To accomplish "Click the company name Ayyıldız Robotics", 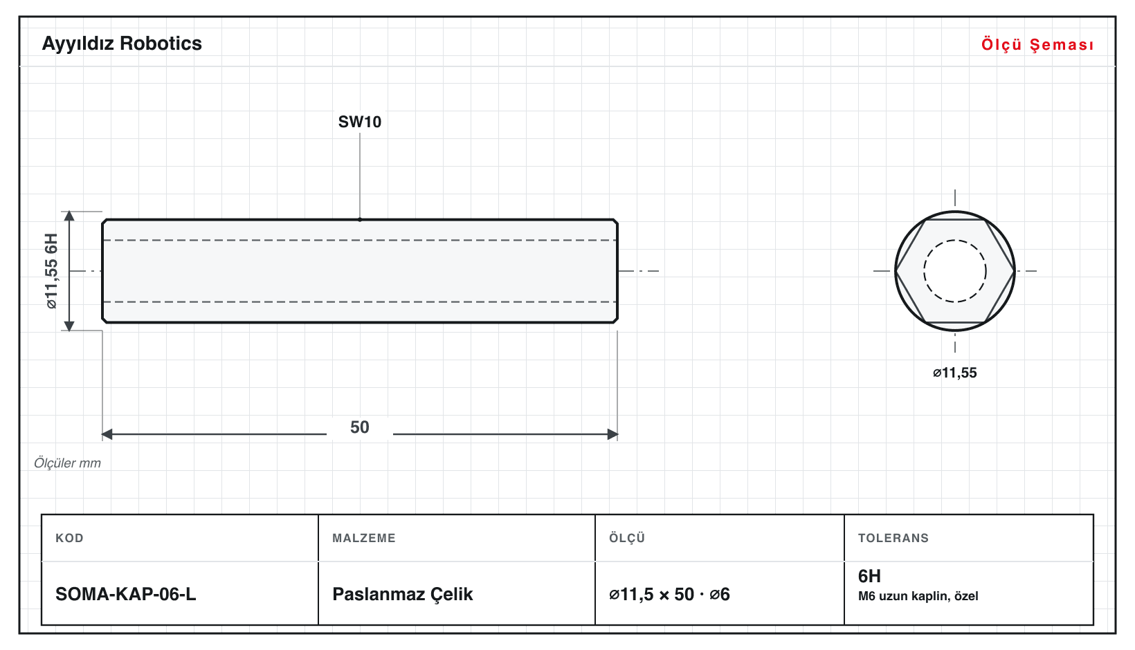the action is [x=122, y=44].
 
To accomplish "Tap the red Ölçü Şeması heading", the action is [x=1037, y=44].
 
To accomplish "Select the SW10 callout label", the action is [x=360, y=122].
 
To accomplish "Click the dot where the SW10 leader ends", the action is [x=360, y=220].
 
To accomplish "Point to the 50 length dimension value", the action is [x=360, y=427].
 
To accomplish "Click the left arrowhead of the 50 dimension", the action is [x=107, y=434].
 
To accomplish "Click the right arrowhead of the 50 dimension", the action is [x=612, y=434].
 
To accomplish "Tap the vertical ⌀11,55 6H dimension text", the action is [x=52, y=271].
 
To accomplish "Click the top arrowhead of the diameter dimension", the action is [x=69, y=216].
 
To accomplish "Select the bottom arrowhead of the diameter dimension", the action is [x=69, y=326].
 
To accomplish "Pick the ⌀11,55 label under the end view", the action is [x=954, y=373].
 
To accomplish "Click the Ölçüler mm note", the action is [x=67, y=463].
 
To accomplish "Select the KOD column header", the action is [x=69, y=538].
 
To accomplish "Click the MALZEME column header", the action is [x=364, y=538].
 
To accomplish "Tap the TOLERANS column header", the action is [x=893, y=538].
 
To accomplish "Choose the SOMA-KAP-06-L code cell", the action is [x=126, y=594].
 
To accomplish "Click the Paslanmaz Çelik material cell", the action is [x=402, y=594].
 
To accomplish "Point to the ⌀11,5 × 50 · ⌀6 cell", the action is [x=669, y=594].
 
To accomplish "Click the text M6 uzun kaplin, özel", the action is [x=918, y=596].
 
